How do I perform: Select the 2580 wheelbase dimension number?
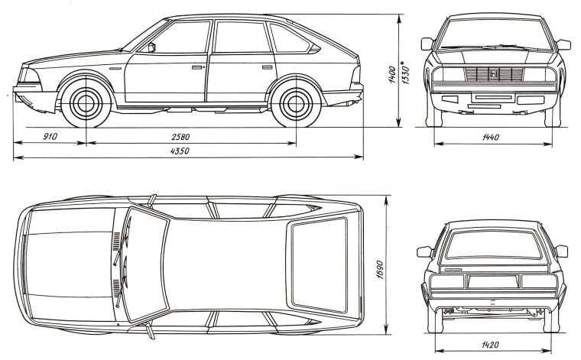[181, 138]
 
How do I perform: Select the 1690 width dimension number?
[379, 264]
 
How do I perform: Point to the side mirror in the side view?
[152, 47]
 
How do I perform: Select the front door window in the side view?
[183, 38]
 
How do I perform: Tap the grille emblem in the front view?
[494, 74]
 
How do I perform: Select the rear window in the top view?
[319, 264]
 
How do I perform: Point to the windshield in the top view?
[145, 264]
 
